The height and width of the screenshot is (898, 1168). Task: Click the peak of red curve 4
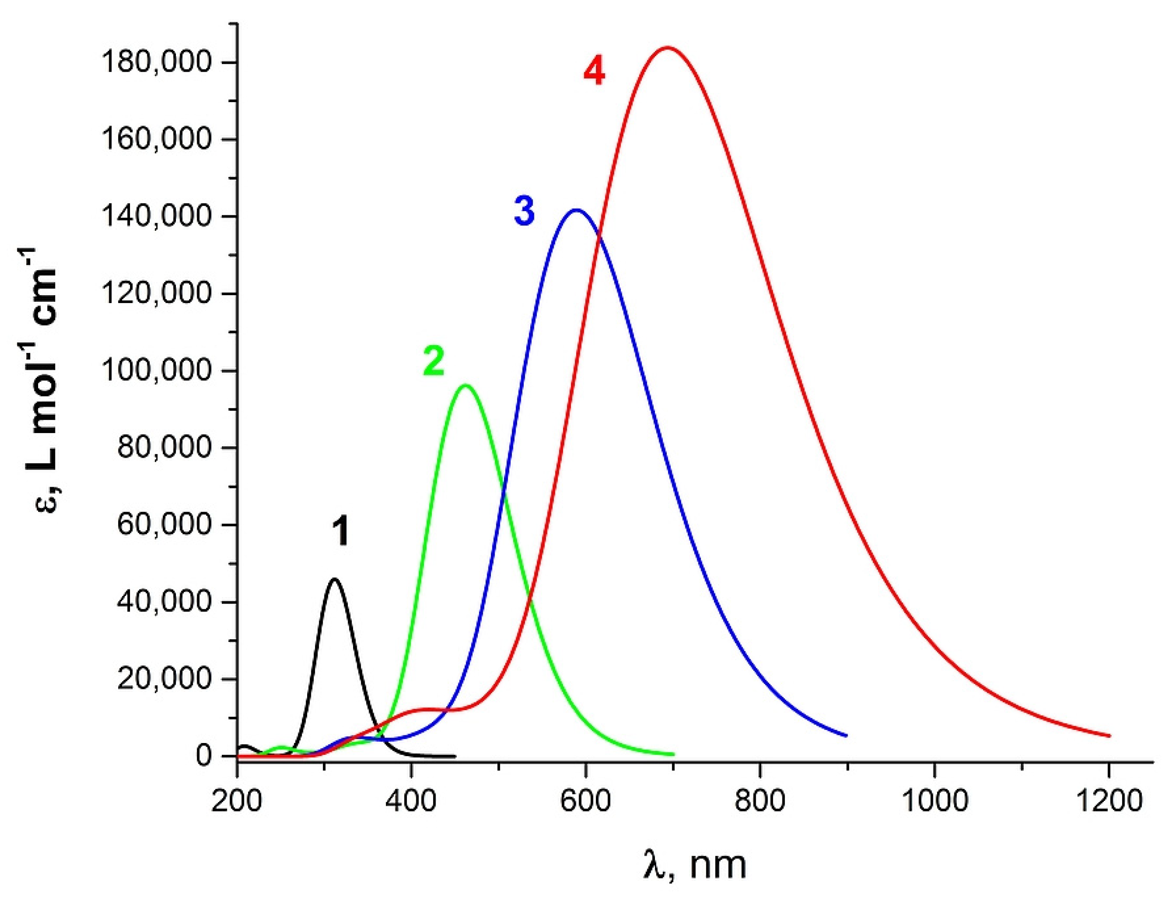tap(666, 48)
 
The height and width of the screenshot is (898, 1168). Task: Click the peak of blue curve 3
tap(576, 210)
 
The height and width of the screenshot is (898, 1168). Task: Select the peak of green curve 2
tap(465, 385)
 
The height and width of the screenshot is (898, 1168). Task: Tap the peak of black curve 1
tap(335, 579)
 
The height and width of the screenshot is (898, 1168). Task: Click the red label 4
tap(594, 72)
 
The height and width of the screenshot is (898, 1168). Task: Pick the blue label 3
tap(524, 211)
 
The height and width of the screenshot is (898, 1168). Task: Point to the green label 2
tap(433, 362)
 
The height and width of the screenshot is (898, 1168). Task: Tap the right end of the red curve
tap(1109, 736)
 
